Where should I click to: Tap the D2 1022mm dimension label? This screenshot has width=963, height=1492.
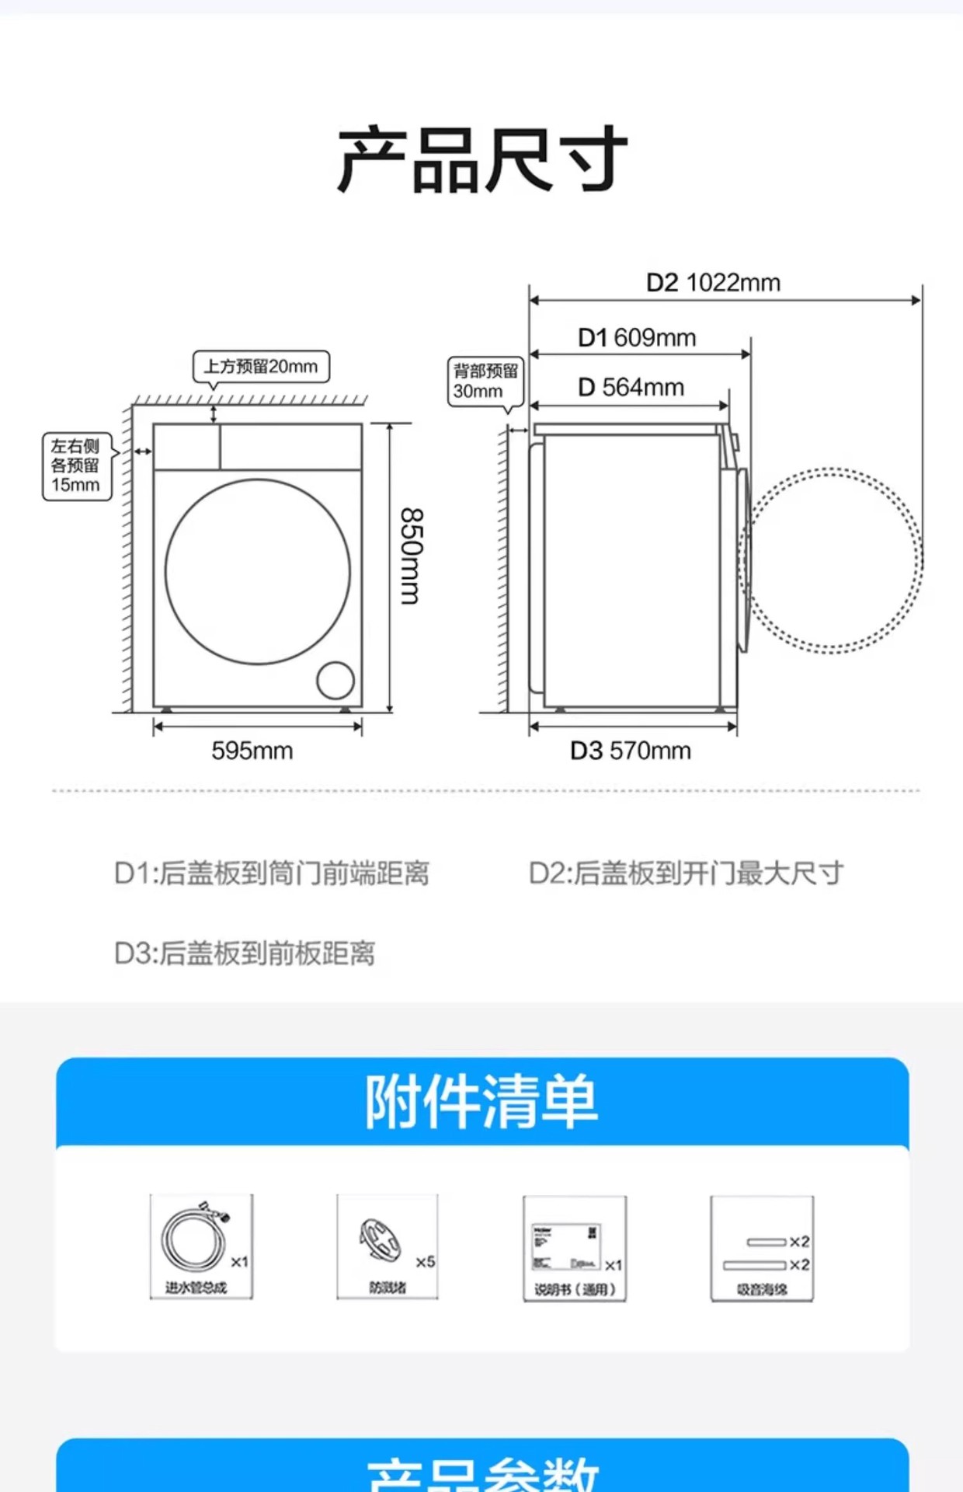click(x=713, y=283)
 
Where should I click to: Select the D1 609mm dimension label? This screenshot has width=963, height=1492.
click(x=637, y=338)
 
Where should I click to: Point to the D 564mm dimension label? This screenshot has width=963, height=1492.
click(x=631, y=387)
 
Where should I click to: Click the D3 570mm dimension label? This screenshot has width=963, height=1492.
click(x=630, y=751)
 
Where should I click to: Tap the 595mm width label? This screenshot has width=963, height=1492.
click(x=252, y=751)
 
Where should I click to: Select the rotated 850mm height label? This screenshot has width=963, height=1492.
click(x=411, y=556)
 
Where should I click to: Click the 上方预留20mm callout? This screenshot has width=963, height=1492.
click(x=261, y=367)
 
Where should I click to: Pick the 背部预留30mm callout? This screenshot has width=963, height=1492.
click(x=485, y=381)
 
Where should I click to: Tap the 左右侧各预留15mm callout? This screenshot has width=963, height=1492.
click(x=76, y=465)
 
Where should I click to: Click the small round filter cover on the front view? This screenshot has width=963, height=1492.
click(x=335, y=681)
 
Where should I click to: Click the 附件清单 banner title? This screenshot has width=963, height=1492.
click(x=481, y=1102)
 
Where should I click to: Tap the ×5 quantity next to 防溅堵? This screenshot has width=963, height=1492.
click(x=425, y=1262)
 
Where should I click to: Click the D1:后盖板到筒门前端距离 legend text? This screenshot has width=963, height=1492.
click(x=271, y=873)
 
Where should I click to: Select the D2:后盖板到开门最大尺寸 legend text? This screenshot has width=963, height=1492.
click(x=686, y=873)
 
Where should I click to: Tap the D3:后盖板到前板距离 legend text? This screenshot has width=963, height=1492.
click(x=245, y=953)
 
